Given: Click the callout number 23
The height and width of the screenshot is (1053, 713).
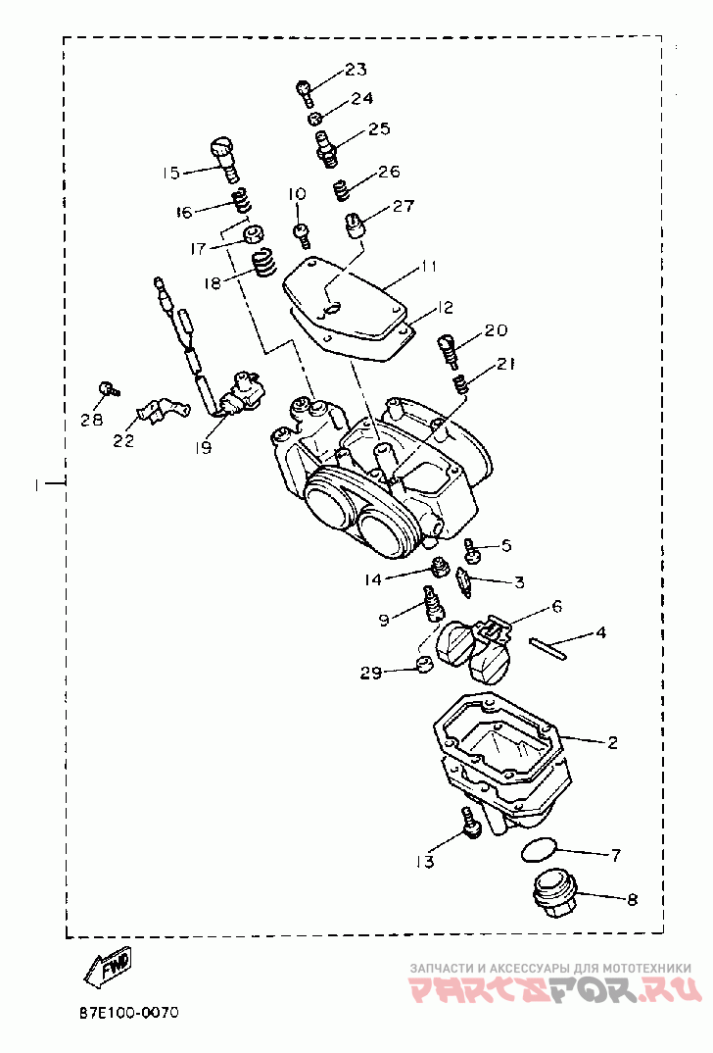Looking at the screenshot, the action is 356,69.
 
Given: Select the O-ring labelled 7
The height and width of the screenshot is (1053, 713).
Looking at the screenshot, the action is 538,849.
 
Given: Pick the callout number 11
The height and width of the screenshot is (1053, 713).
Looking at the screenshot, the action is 429,266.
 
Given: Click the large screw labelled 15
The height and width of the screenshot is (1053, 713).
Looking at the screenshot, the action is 224,159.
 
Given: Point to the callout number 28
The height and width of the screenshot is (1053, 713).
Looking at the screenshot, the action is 92,419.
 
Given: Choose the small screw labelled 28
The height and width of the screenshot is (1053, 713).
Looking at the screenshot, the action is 108,387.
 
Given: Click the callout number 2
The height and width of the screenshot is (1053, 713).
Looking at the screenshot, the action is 612,742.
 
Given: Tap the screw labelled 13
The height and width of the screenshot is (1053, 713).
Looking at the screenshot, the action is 469,822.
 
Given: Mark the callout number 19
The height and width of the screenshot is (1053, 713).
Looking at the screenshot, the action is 203,447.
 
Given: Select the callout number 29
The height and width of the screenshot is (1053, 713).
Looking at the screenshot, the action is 371,673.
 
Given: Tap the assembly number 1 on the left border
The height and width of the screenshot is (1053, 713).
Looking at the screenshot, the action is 38,482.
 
